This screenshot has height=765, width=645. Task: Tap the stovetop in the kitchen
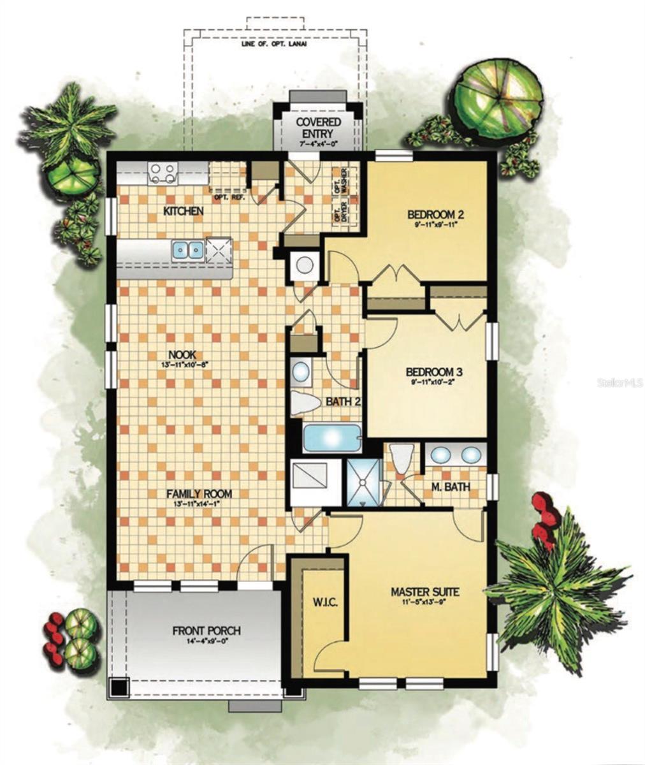tap(162, 172)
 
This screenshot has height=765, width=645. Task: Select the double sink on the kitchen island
tap(187, 250)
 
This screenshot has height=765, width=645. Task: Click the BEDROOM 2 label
tap(435, 215)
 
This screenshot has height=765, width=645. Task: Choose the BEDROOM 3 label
tap(433, 372)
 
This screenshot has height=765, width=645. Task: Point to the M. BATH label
tap(452, 488)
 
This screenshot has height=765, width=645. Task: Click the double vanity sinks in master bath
tap(454, 455)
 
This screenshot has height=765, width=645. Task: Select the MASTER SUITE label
tap(424, 591)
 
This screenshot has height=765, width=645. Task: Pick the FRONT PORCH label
tap(207, 631)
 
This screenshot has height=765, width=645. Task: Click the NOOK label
tap(182, 355)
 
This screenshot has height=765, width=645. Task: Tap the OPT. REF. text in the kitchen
tap(230, 197)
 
